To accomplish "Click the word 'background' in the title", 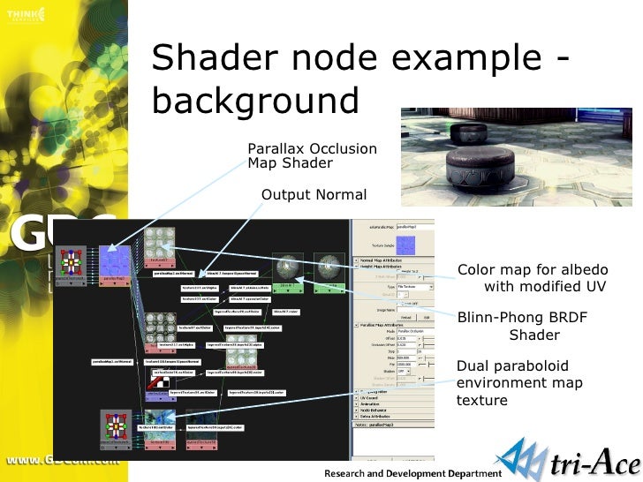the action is (x=255, y=100).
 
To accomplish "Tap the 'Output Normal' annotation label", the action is (x=314, y=194).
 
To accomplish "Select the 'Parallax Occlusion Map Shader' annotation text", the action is (x=312, y=155).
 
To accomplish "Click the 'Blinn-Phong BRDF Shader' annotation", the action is (x=522, y=326).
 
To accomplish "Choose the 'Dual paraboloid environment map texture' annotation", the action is (x=513, y=382).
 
